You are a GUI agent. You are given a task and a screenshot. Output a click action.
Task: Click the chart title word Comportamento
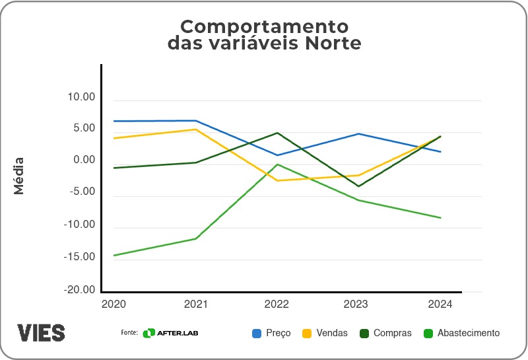click(263, 27)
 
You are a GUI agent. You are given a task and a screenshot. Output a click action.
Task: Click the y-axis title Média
click(19, 176)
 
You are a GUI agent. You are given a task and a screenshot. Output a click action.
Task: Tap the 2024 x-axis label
click(440, 305)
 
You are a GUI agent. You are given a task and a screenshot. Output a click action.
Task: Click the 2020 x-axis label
click(114, 305)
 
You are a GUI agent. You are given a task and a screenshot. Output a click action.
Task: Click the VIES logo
click(41, 332)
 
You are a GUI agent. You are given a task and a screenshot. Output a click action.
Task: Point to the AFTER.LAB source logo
click(170, 333)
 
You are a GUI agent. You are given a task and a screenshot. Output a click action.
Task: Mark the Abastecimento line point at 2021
click(195, 238)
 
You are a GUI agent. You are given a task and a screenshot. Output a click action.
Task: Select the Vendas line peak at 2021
click(195, 129)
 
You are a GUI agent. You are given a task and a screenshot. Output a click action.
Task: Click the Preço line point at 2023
click(358, 134)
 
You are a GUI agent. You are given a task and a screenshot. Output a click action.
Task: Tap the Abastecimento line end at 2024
click(440, 218)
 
